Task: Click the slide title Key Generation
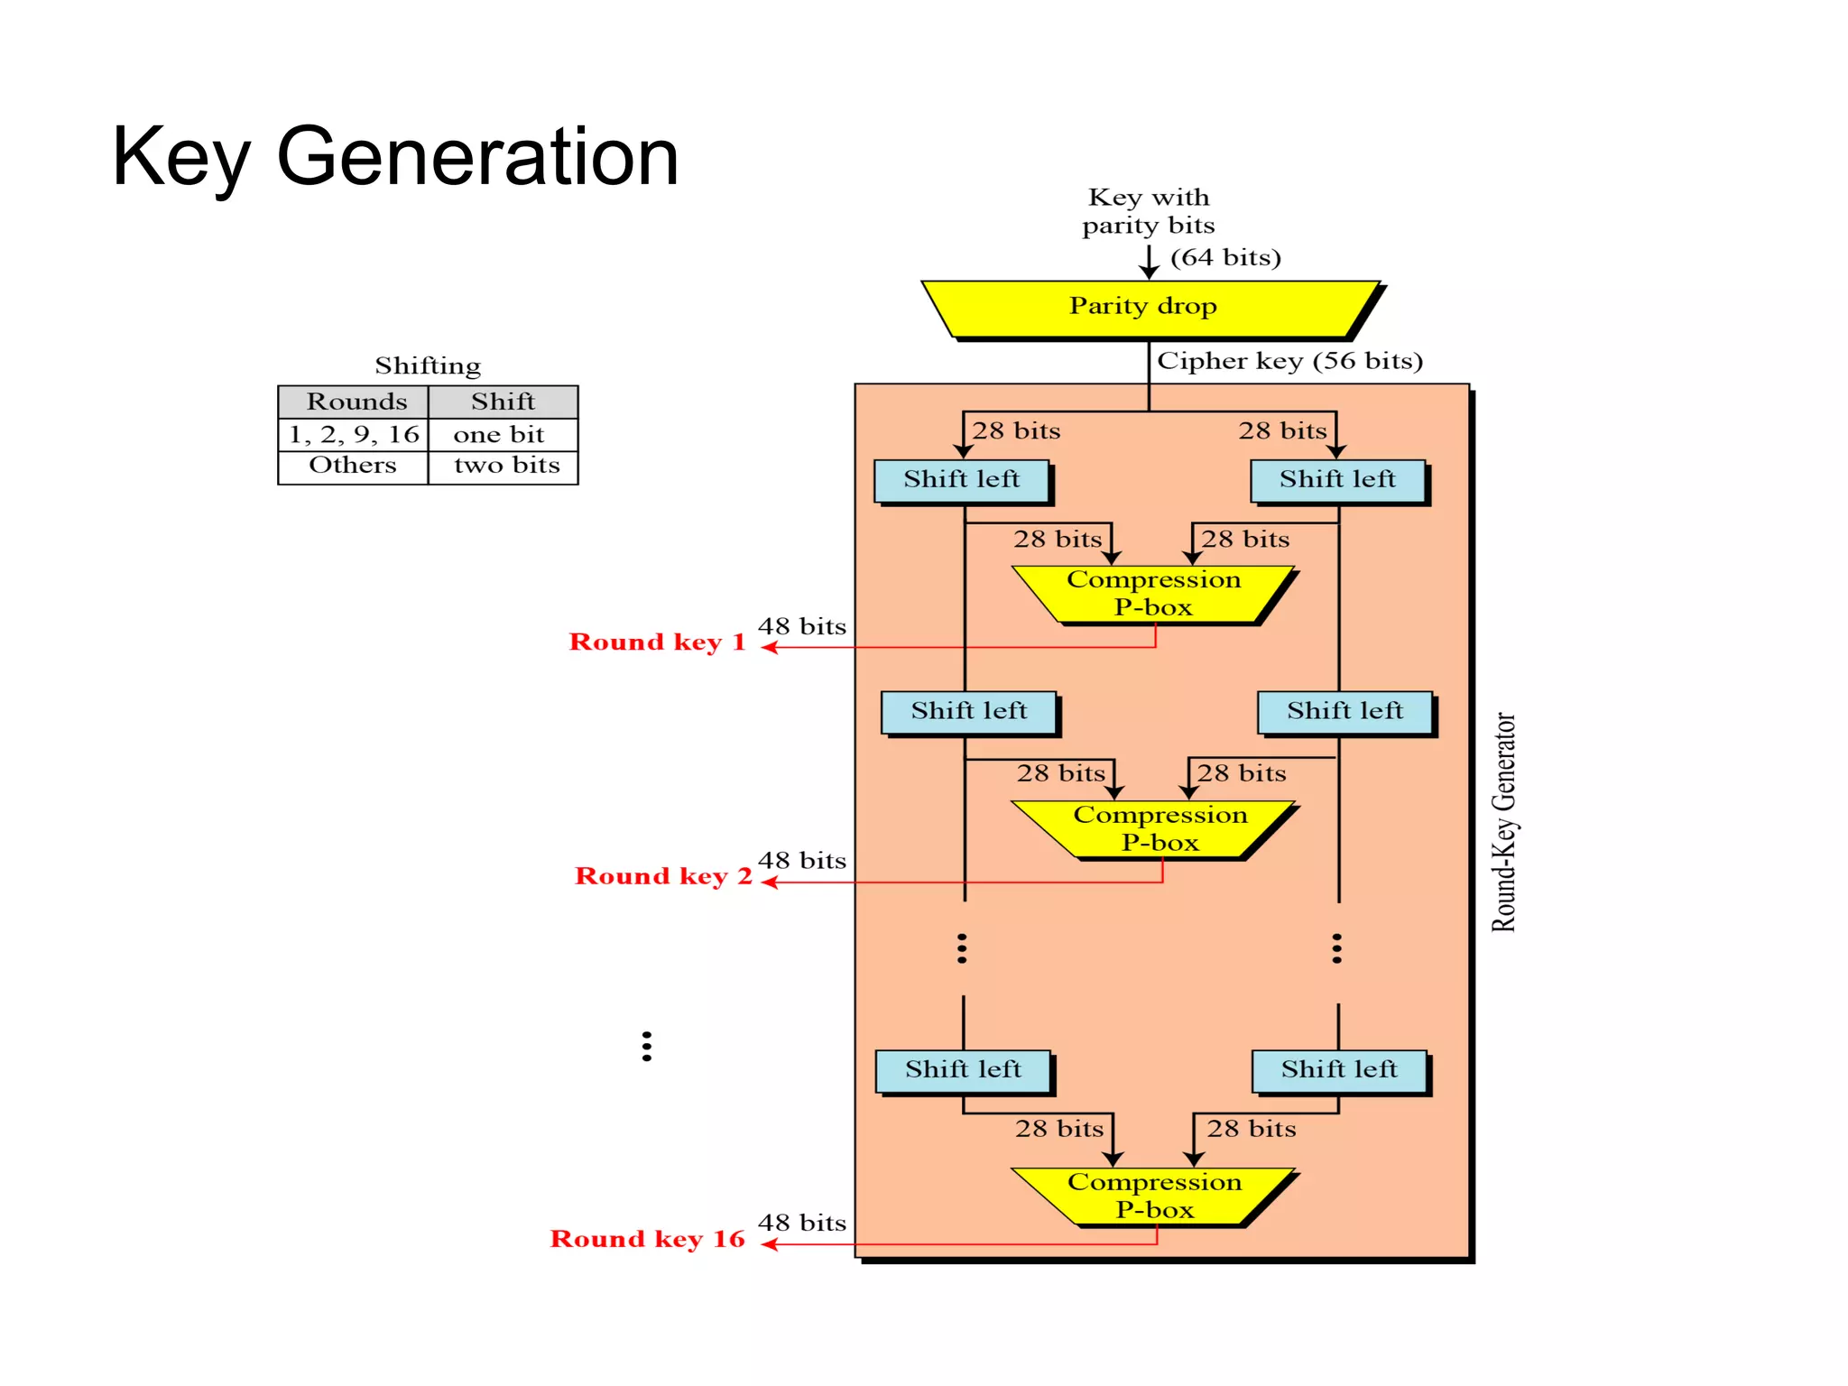coord(394,157)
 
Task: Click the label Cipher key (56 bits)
coord(1289,361)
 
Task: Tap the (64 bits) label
coord(1224,258)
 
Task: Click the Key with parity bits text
coord(1148,211)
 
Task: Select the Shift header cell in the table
coord(503,402)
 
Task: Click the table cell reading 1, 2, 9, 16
coord(354,435)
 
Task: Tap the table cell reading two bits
coord(505,466)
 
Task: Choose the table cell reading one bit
coord(498,435)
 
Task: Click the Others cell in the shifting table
coord(352,466)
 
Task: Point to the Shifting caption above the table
coord(427,365)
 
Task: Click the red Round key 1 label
coord(657,642)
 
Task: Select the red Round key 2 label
coord(662,876)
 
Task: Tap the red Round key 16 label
coord(647,1239)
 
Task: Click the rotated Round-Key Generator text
coord(1502,822)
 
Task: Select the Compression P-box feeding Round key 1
coord(1153,594)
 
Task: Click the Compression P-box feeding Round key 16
coord(1153,1196)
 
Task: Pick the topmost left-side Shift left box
coord(961,480)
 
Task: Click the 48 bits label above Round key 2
coord(801,861)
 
